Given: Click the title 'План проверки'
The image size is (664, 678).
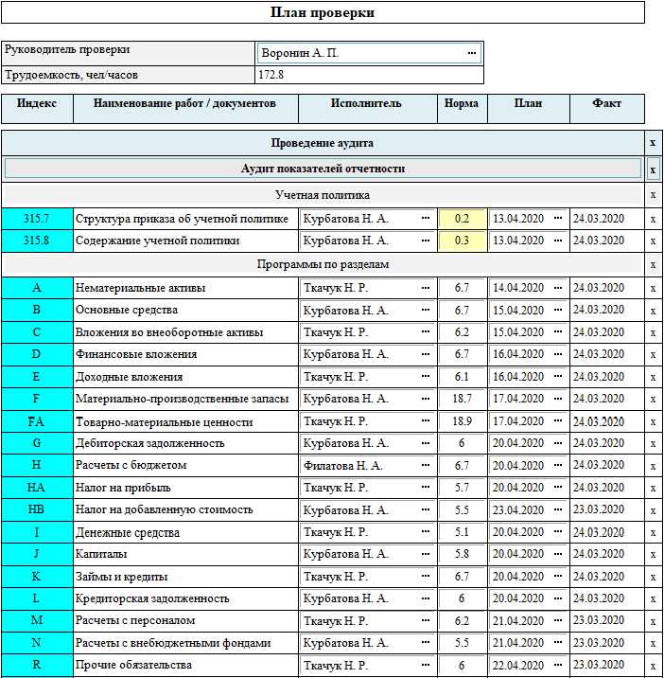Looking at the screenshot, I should coord(323,12).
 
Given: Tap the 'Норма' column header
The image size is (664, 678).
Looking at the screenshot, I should coord(462,104).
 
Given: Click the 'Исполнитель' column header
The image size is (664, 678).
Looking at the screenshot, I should coord(367,104).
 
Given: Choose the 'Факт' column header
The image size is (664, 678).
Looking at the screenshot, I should coord(606,104).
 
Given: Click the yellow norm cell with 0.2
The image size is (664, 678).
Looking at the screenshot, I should coord(462,219).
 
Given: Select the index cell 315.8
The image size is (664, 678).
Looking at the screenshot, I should coord(36,241).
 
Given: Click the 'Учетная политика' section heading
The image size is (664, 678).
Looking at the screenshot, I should coord(322,194).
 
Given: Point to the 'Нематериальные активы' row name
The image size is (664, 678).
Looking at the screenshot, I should coord(140,288).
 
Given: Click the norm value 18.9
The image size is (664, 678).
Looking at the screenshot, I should coord(462,421).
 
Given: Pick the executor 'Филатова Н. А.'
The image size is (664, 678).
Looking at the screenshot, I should coord(342,466).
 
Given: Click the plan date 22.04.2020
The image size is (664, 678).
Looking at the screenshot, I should coord(518,666).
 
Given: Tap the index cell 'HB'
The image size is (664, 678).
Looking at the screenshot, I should coord(36,510).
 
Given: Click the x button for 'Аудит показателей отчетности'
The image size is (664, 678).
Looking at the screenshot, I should coord(653,169).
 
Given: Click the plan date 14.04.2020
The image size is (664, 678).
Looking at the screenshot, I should coord(518,288).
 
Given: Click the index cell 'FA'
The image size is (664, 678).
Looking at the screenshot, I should coord(36,421).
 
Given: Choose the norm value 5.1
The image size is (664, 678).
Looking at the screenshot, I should coord(462,533).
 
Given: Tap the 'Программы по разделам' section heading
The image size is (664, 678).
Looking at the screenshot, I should coord(322,264).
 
